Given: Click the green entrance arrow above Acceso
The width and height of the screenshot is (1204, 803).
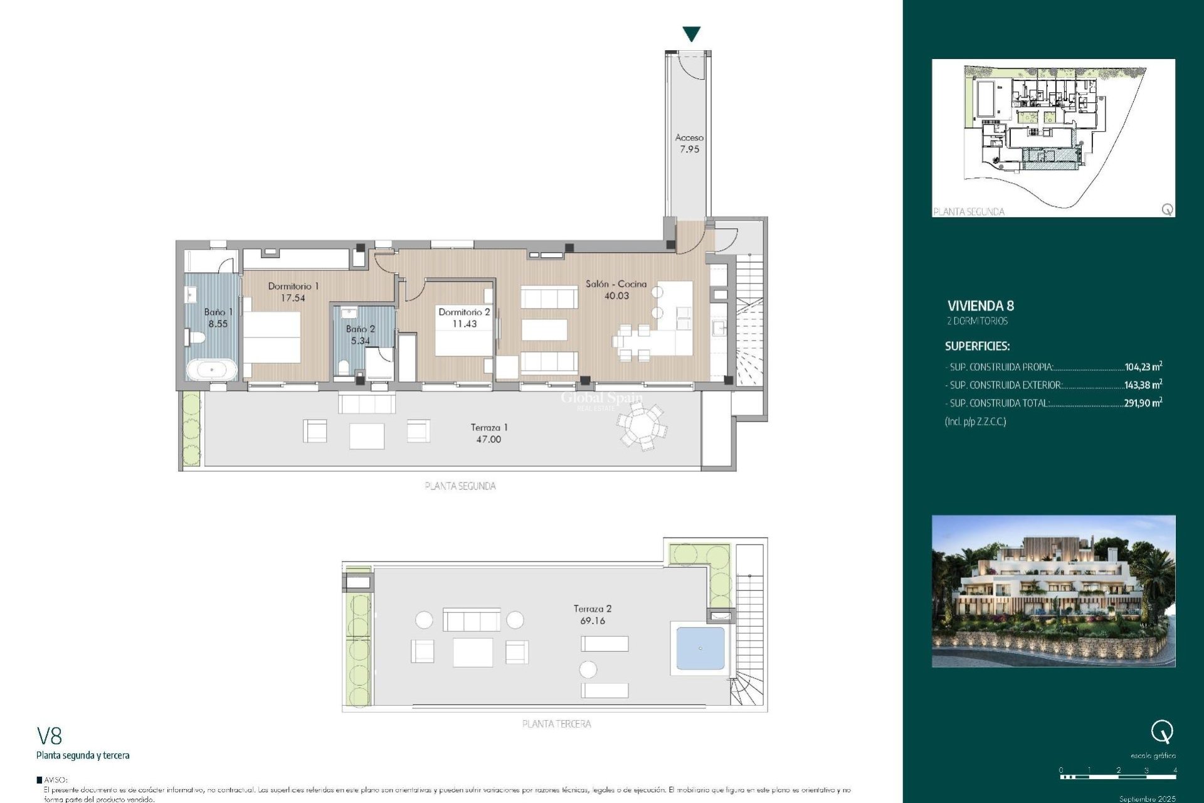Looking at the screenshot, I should point(691,34).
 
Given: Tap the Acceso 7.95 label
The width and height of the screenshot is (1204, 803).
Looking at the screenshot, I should point(689,143).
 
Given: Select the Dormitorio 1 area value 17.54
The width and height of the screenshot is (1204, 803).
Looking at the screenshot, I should point(293,298).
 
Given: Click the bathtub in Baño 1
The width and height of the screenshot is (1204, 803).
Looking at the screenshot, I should point(211,370).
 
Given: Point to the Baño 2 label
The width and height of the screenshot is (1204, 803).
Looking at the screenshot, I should point(360,329).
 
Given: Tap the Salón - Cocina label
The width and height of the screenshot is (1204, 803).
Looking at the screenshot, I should point(616,284).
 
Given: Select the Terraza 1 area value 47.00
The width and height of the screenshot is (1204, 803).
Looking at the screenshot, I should point(488,439).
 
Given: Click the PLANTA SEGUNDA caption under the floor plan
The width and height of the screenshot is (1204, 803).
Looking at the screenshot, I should point(460,486).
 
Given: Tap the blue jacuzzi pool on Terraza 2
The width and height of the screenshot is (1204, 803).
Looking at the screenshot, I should point(700,648).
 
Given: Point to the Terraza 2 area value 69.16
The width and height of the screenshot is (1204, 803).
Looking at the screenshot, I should point(593,620).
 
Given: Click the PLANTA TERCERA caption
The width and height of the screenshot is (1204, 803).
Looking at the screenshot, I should point(556,724).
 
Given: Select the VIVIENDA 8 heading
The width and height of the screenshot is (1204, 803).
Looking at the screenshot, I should point(980,306).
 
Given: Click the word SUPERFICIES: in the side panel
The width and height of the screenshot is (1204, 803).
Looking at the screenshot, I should point(977,346).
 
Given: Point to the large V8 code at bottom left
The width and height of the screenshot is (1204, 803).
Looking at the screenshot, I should point(50,735).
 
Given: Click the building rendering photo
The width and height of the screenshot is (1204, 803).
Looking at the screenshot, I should point(1053,591).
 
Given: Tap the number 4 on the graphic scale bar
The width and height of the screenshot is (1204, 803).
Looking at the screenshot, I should point(1175,770).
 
